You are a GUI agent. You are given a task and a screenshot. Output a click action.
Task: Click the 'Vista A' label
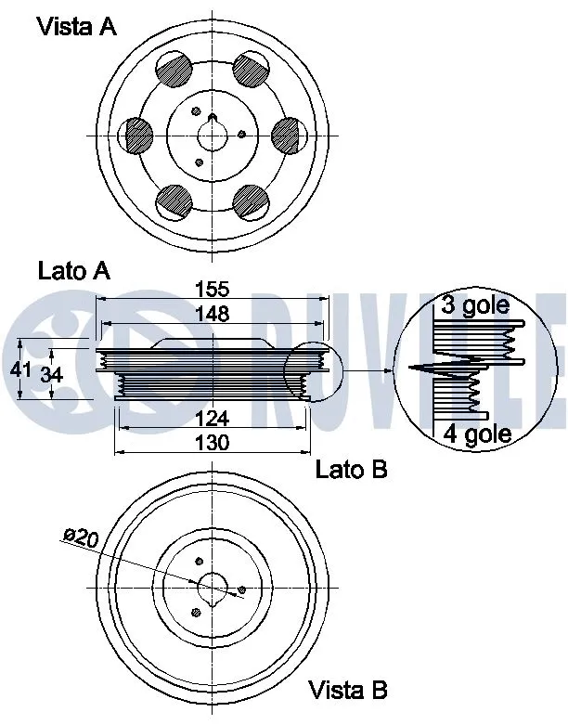(x=77, y=27)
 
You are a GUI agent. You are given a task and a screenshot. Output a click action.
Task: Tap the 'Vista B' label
(x=347, y=690)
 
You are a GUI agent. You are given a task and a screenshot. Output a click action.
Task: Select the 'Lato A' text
(x=74, y=271)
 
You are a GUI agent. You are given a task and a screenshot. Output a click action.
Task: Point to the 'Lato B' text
(x=351, y=470)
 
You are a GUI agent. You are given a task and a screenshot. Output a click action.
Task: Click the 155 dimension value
(x=212, y=290)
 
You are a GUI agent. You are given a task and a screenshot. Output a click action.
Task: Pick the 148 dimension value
(x=212, y=314)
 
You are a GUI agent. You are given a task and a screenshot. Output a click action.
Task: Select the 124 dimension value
(x=212, y=419)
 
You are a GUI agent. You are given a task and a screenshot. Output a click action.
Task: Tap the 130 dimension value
(x=212, y=442)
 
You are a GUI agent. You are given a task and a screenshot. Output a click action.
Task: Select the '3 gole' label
(x=474, y=306)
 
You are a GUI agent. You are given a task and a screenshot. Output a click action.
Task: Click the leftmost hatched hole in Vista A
(x=138, y=136)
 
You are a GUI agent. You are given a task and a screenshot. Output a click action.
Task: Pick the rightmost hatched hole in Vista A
(x=289, y=136)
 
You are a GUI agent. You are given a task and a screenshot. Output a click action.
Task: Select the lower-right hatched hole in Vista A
(x=251, y=200)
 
